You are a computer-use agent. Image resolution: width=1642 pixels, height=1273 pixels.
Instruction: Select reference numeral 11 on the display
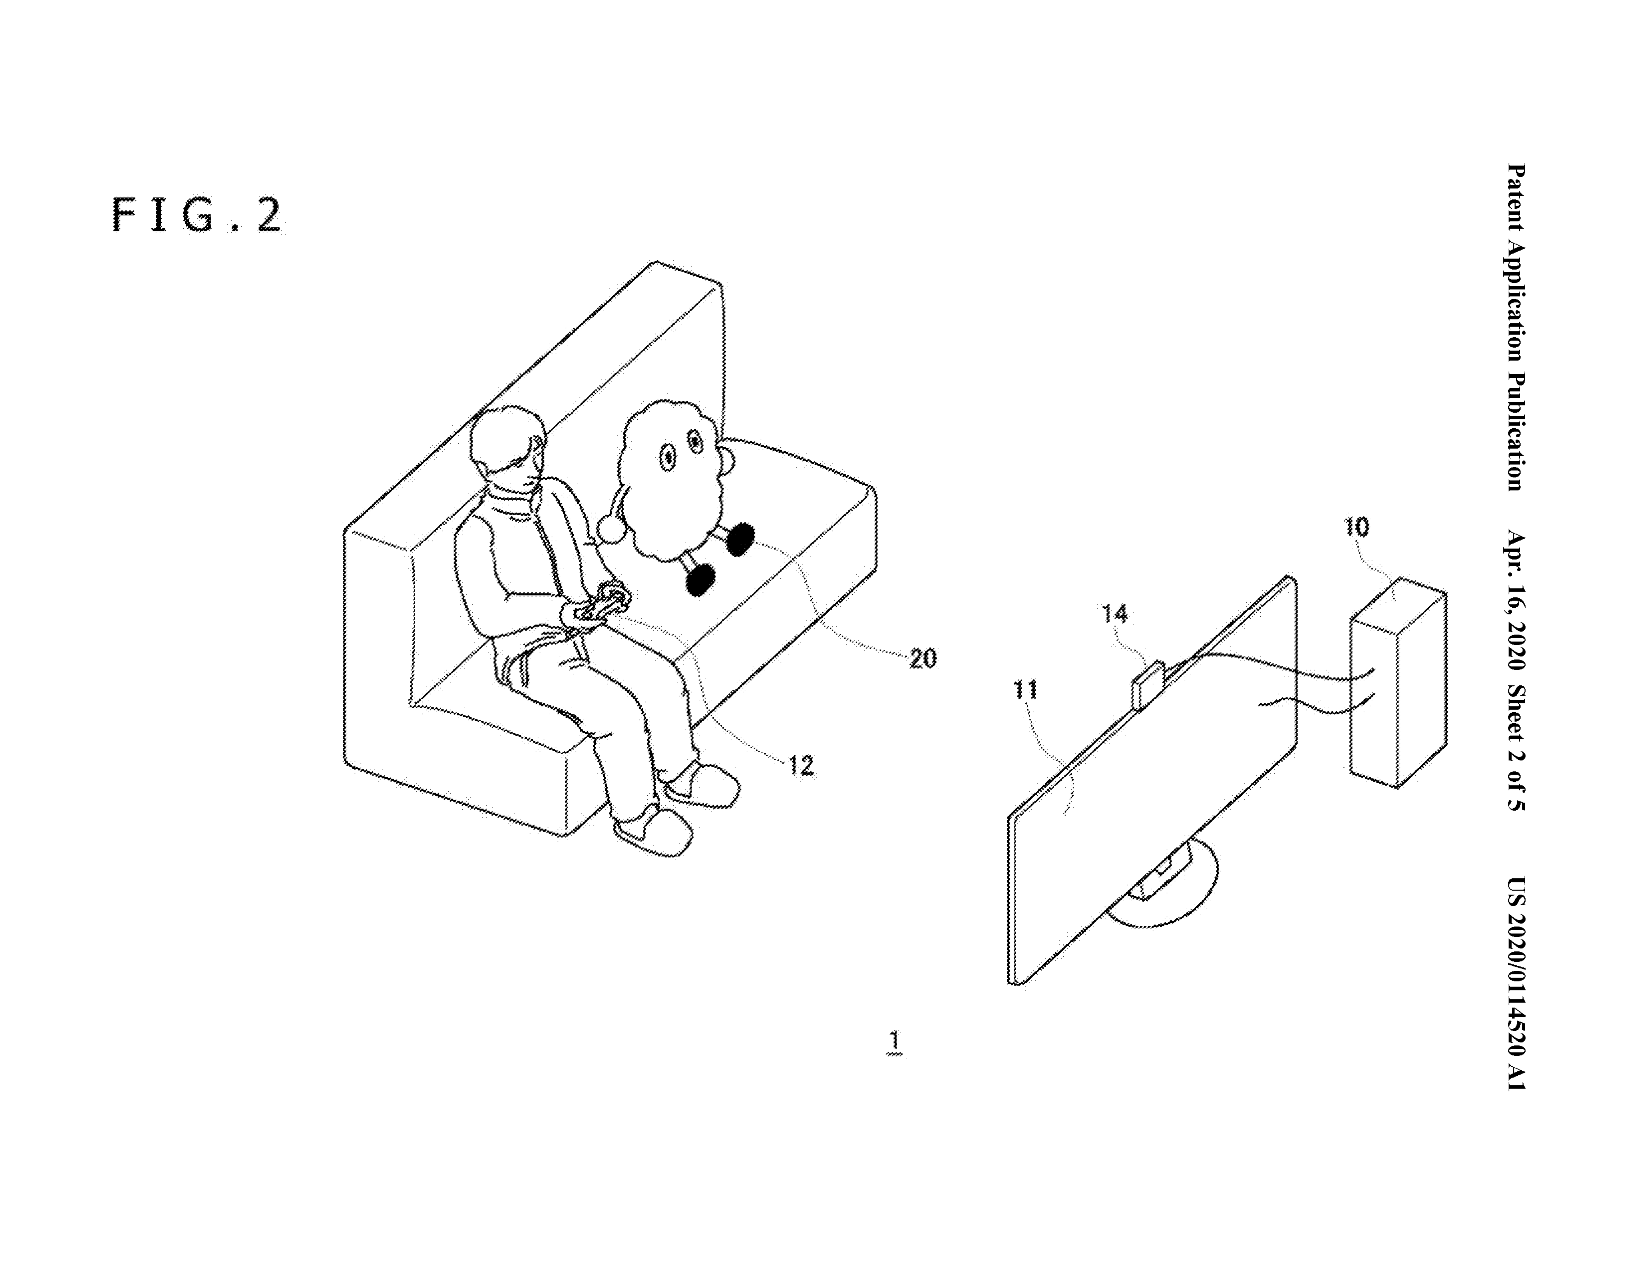point(1025,689)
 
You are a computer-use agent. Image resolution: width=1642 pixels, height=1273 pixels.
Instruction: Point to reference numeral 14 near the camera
point(1115,614)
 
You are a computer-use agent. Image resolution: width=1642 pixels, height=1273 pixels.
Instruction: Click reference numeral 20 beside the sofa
point(923,658)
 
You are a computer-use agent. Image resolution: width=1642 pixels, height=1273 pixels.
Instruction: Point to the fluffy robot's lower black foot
point(700,579)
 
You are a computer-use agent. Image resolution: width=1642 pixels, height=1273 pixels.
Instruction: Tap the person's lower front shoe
point(652,833)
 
